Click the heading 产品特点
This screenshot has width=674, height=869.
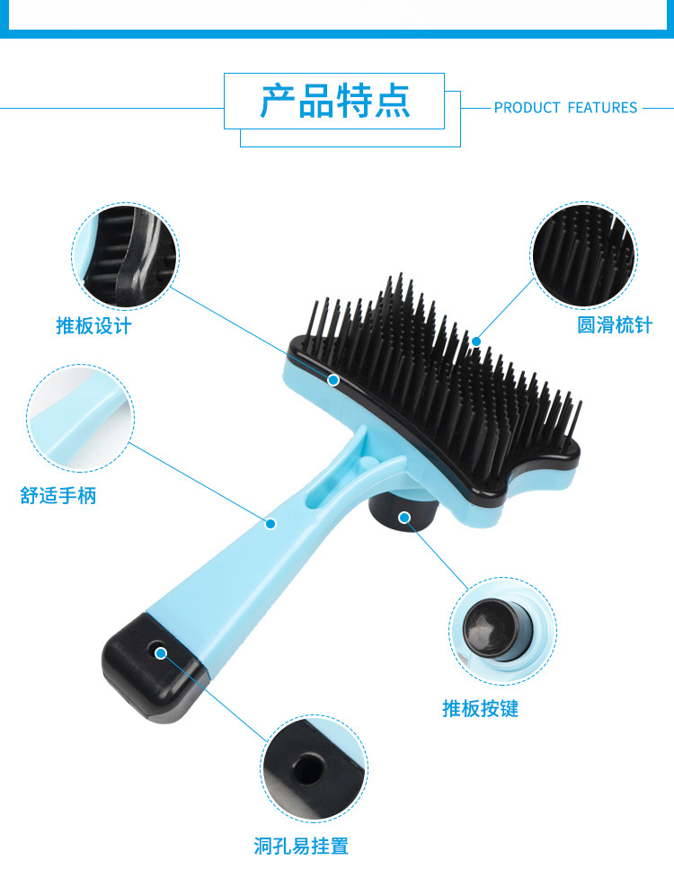tap(334, 101)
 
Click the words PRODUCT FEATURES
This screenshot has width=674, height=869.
tap(565, 108)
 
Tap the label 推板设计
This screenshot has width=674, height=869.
tap(93, 325)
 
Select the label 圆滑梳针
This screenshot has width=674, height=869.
tap(615, 325)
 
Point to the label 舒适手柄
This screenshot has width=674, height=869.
tap(58, 495)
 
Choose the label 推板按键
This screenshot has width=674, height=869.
tap(480, 709)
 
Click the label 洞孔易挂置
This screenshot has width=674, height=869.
tap(300, 846)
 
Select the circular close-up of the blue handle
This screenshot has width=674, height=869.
tap(80, 417)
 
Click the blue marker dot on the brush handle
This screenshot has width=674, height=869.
tap(270, 523)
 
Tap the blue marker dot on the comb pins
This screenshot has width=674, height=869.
tap(475, 341)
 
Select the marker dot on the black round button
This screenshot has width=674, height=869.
tap(404, 517)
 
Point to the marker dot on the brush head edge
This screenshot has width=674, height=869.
tap(333, 380)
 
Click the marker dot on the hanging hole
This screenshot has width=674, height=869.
tap(161, 652)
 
